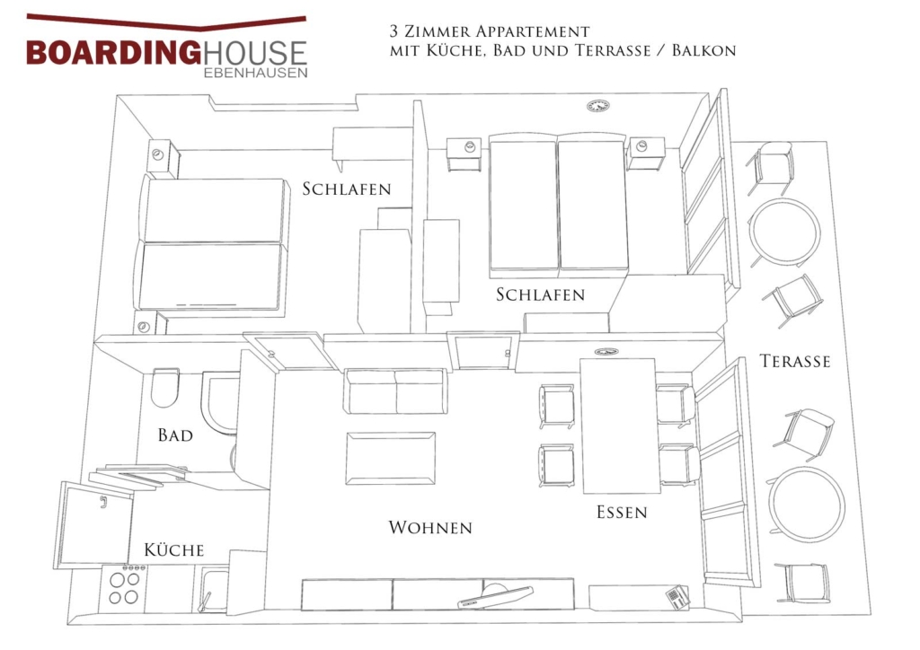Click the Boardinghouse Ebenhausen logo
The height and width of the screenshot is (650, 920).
click(x=166, y=47)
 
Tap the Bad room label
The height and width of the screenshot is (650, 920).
click(x=175, y=435)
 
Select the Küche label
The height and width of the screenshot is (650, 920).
click(x=174, y=549)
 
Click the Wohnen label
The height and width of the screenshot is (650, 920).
click(x=430, y=528)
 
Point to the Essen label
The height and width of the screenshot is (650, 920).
click(x=622, y=513)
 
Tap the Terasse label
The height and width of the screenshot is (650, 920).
click(x=795, y=361)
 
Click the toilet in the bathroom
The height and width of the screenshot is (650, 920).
click(x=165, y=388)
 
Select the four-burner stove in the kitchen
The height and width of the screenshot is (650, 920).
click(x=124, y=587)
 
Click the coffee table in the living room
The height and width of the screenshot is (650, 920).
click(x=391, y=459)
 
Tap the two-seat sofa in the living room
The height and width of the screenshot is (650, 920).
click(x=396, y=391)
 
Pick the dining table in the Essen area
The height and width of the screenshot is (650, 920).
click(x=620, y=426)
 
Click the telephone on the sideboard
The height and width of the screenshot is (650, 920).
click(x=677, y=595)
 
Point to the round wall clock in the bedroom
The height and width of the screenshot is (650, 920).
click(x=597, y=106)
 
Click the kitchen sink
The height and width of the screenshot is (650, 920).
click(x=213, y=590)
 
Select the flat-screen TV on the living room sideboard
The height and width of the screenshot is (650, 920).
click(x=496, y=596)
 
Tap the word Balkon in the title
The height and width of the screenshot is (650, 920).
click(x=703, y=50)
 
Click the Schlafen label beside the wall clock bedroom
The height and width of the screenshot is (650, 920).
click(x=540, y=294)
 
